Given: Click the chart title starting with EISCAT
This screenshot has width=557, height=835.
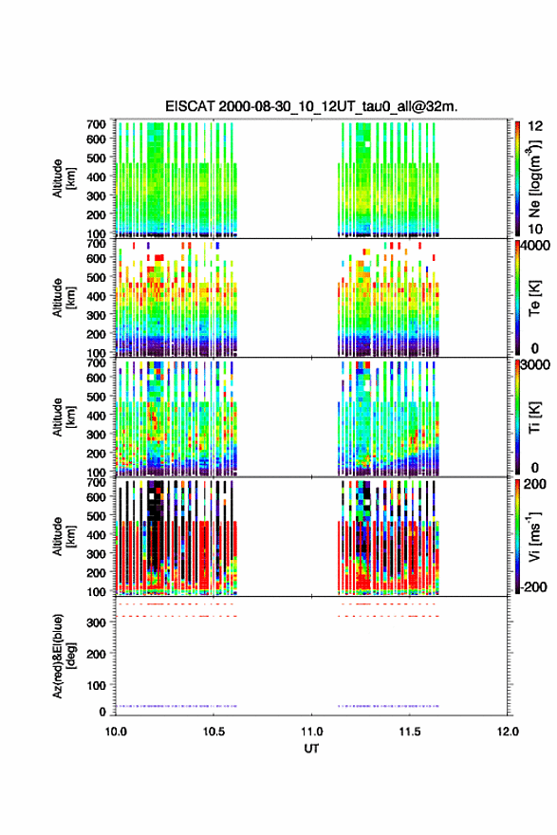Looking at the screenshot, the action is coord(311,106).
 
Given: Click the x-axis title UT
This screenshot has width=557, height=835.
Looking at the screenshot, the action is coord(311,749).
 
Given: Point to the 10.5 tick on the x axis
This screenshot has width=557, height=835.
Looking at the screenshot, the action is coord(214,732).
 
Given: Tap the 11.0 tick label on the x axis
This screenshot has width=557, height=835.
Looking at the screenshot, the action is coord(311,732).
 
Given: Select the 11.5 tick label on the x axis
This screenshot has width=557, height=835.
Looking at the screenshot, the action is coord(410,732).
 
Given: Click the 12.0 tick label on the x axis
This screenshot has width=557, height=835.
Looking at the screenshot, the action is coord(508,732).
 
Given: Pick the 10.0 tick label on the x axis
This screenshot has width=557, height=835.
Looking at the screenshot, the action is coord(116,732).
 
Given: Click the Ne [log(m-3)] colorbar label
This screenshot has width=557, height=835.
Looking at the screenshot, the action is coord(534,178).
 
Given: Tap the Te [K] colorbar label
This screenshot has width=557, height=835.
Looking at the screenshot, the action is coord(534,298).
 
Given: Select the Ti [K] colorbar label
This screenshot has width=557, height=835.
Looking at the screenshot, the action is coord(534,417).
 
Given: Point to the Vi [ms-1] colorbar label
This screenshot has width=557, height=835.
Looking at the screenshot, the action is coord(534,536).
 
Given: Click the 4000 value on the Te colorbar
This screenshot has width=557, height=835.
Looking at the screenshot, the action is coord(535,246).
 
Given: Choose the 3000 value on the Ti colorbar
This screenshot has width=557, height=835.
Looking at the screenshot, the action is coord(535,364).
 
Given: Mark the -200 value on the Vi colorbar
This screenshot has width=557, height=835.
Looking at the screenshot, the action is coord(532,586).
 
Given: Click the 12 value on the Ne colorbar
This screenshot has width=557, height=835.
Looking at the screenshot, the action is coord(535,126).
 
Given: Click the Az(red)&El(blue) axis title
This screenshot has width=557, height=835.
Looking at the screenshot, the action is coord(64,656).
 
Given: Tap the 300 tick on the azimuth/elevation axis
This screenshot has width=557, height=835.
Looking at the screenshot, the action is coord(97,622).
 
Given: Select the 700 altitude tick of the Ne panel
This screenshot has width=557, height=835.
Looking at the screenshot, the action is coord(96,123).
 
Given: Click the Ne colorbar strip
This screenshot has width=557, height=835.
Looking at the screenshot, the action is coord(517,178).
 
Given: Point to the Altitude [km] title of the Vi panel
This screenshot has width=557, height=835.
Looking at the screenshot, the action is coord(64,536).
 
